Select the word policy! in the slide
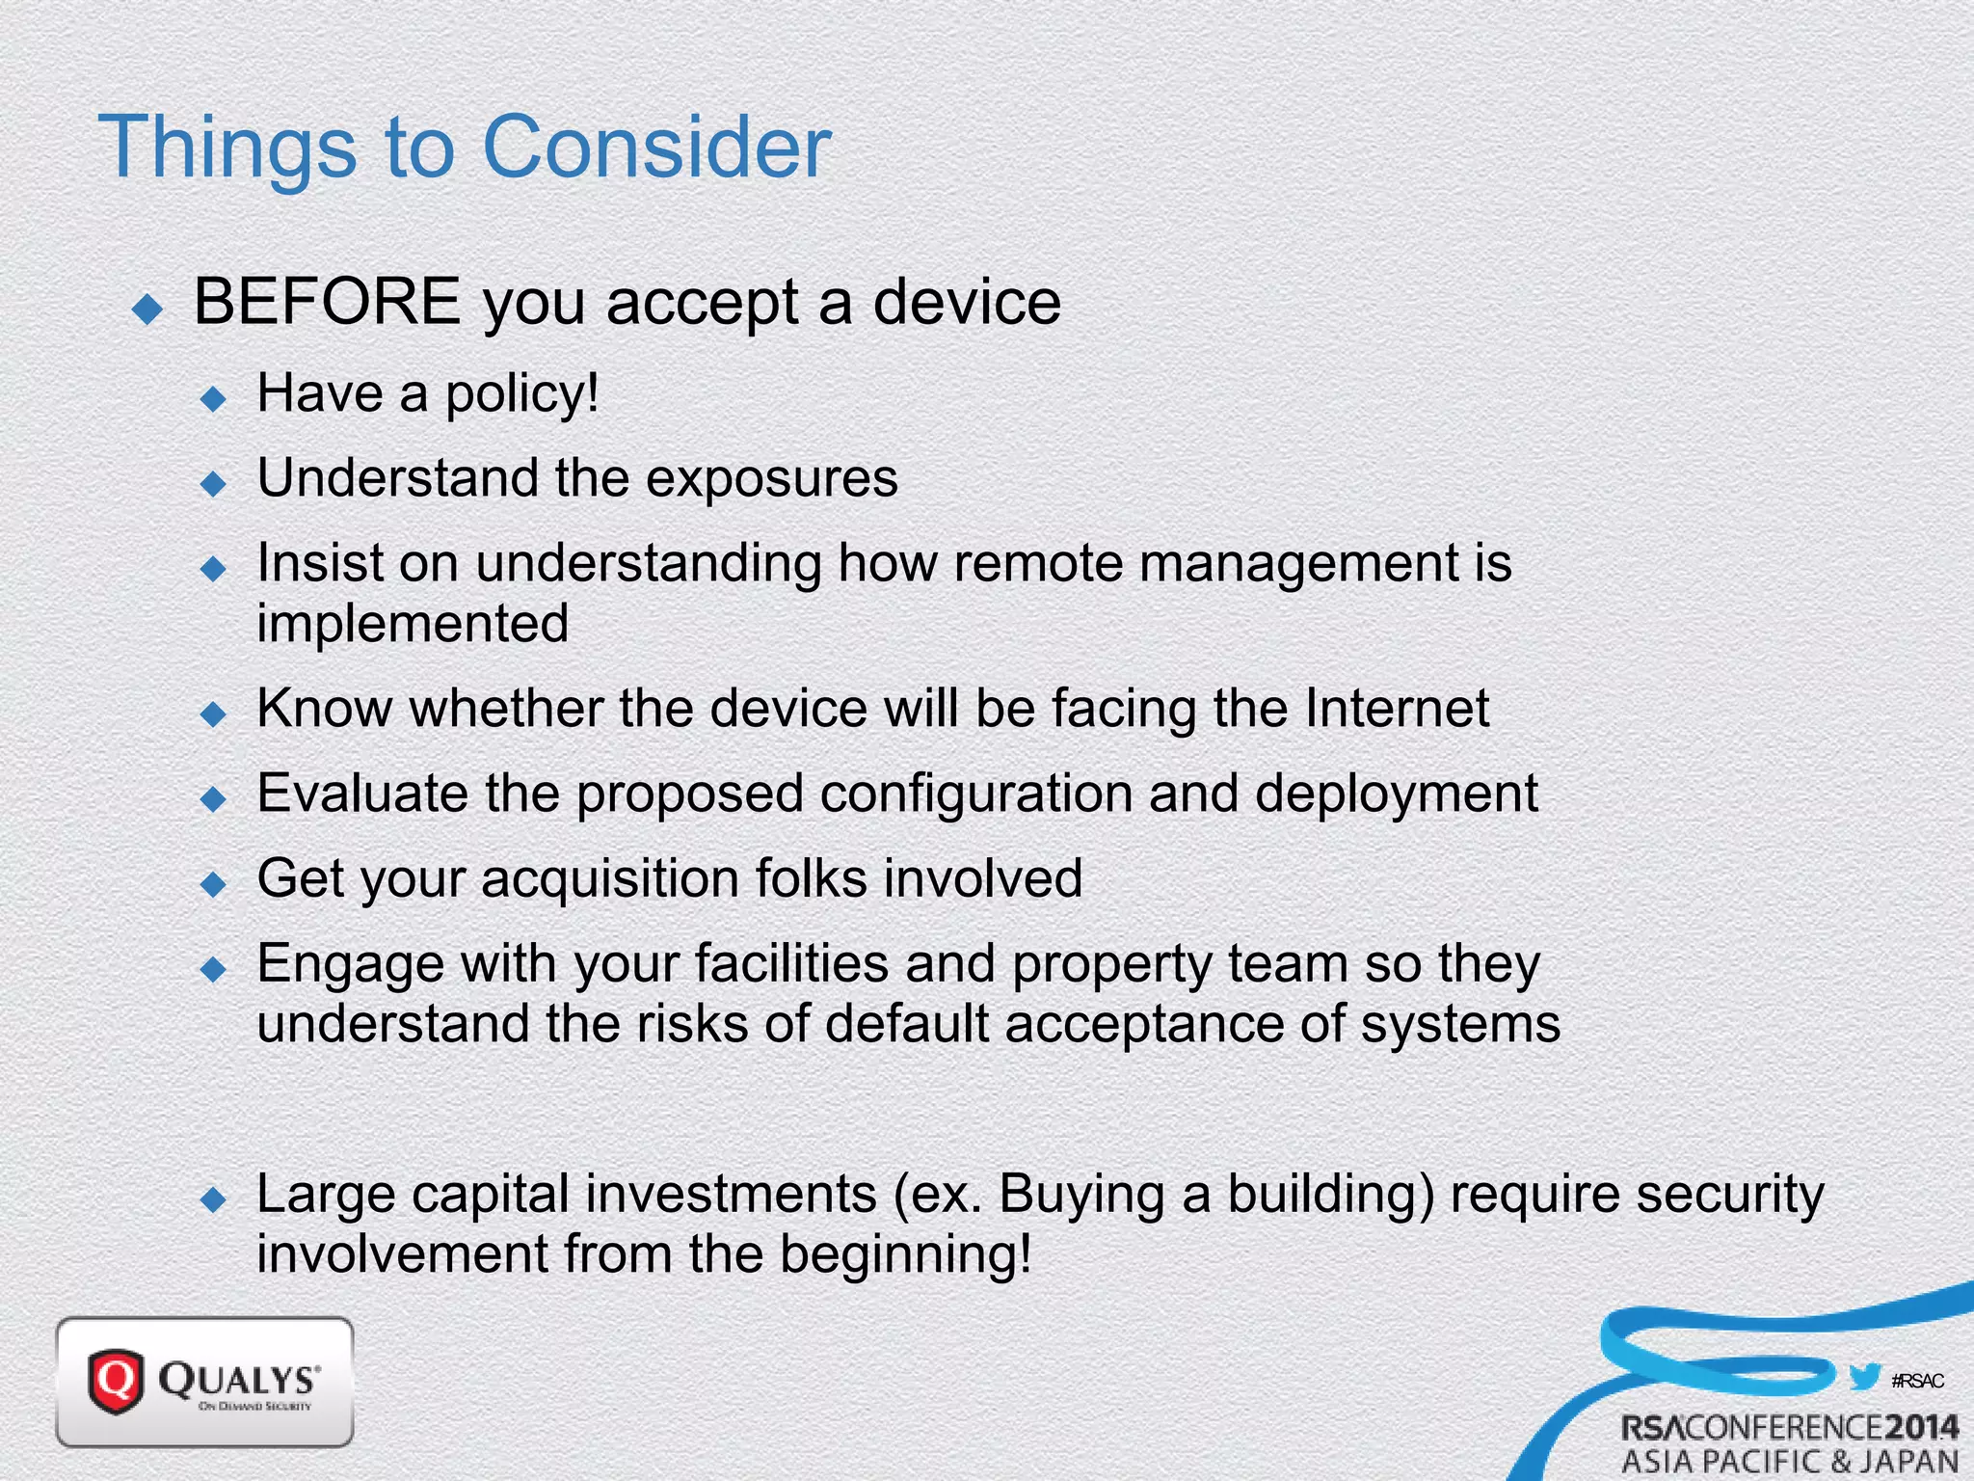click(x=521, y=394)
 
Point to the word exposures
click(x=771, y=479)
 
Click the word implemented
click(x=413, y=623)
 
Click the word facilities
click(x=791, y=963)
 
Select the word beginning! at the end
click(x=905, y=1254)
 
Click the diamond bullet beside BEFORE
click(x=148, y=309)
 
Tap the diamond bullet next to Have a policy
click(x=213, y=399)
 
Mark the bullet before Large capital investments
click(x=213, y=1200)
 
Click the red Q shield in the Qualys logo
click(x=116, y=1381)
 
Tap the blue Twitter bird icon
click(x=1865, y=1377)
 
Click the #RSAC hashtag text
click(x=1917, y=1381)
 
